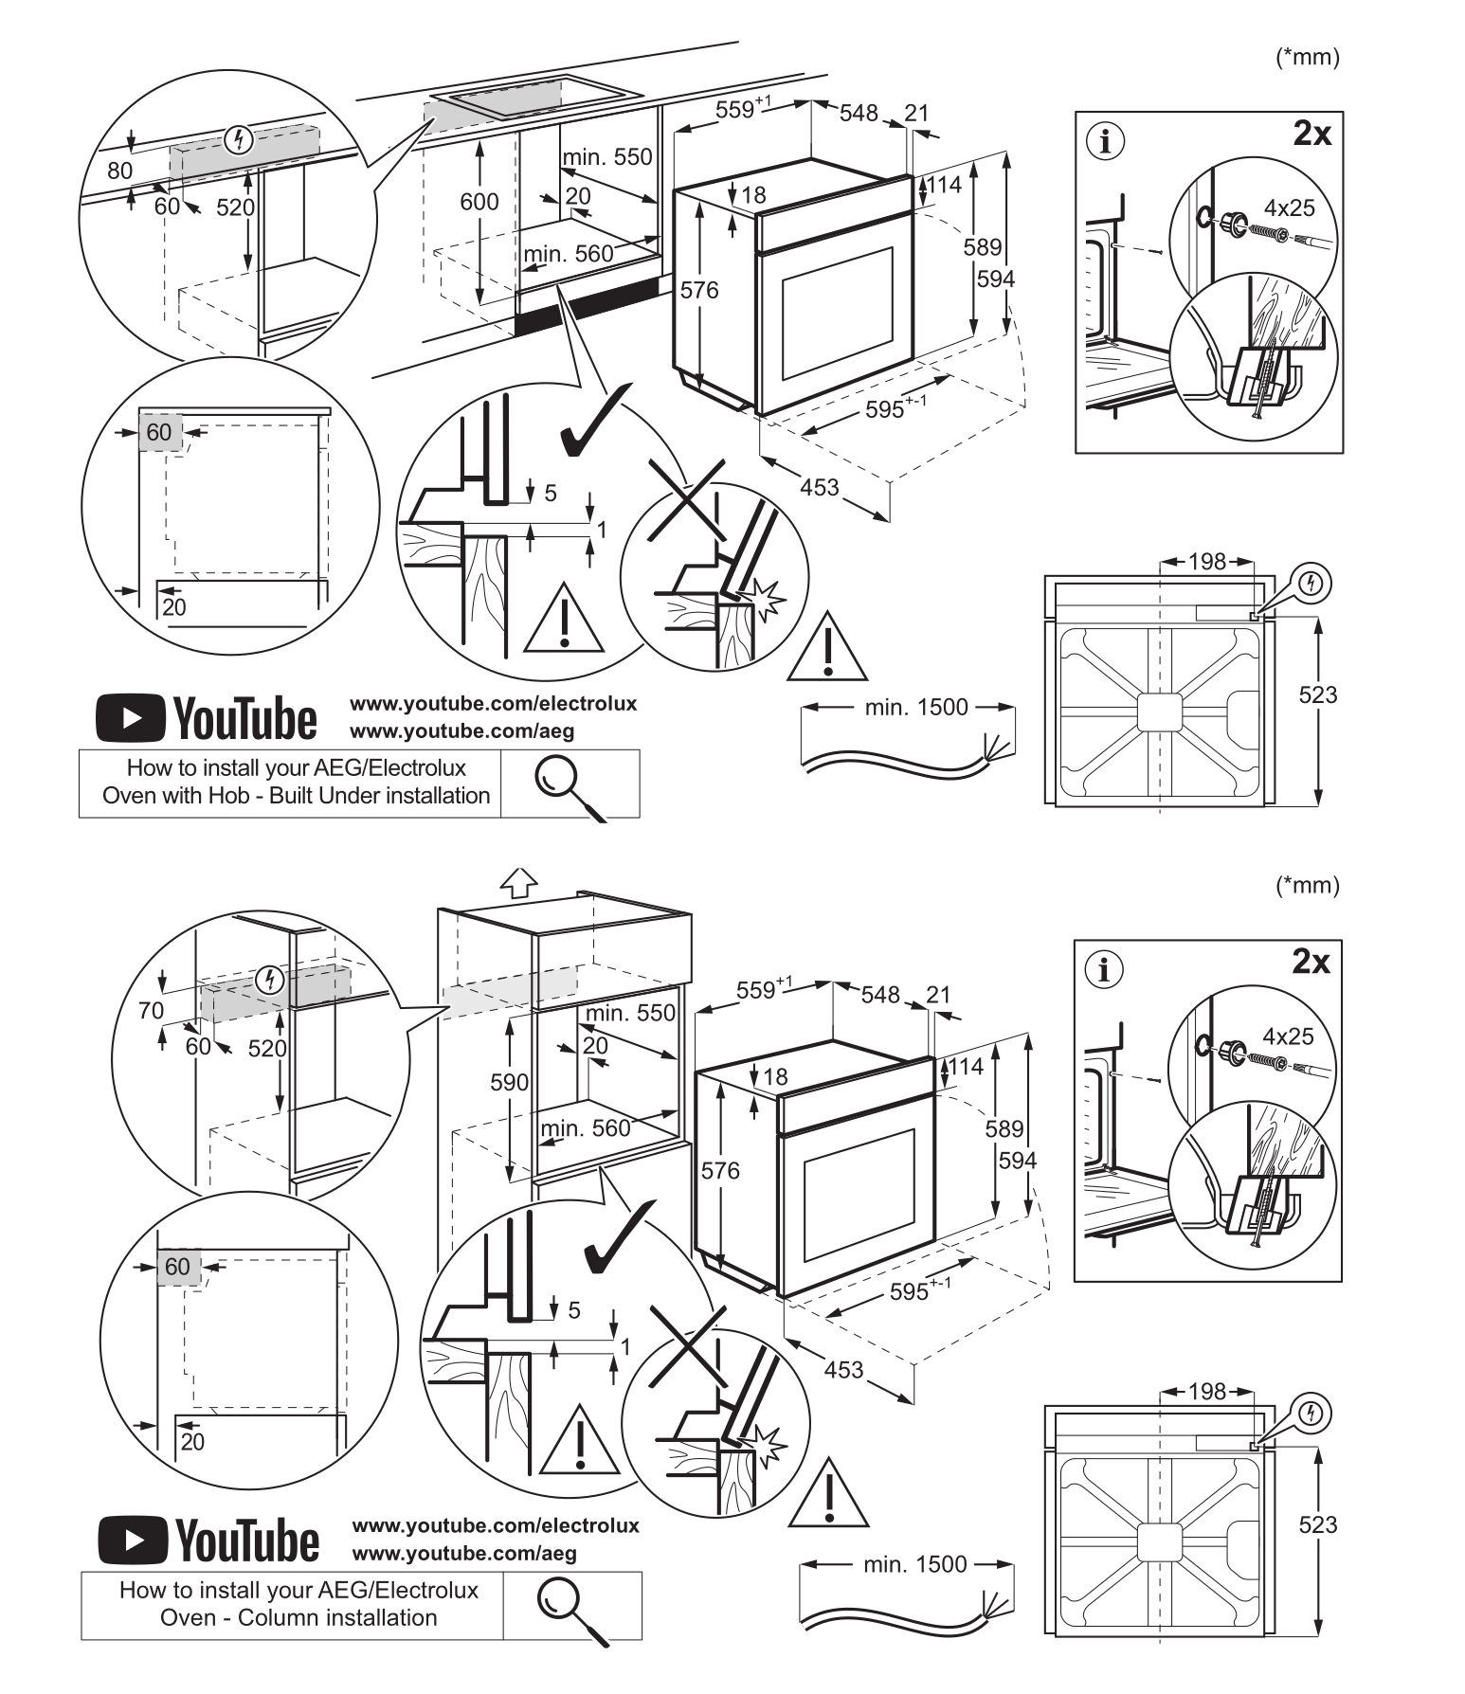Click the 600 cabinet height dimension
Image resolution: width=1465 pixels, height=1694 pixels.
(x=479, y=201)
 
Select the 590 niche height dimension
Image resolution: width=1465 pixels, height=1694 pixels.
(x=509, y=1082)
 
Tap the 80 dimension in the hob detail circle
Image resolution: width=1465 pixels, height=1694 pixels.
(x=120, y=171)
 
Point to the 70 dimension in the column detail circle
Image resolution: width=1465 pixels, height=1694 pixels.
(x=152, y=1011)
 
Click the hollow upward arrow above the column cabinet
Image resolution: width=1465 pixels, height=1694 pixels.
(x=518, y=883)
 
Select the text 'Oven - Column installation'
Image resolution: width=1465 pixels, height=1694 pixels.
(x=298, y=1617)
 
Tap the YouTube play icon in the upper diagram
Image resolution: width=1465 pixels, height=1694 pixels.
(x=130, y=717)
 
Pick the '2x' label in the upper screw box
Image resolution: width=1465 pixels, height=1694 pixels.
(x=1311, y=134)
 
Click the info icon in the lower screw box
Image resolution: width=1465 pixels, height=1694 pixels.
(x=1104, y=970)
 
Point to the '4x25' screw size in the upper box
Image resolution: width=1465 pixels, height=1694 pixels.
(x=1289, y=207)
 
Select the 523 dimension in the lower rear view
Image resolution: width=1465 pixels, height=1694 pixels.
(x=1318, y=1524)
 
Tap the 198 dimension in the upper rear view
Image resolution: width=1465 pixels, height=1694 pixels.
(x=1207, y=562)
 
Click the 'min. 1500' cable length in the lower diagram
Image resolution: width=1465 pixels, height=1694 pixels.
(x=915, y=1564)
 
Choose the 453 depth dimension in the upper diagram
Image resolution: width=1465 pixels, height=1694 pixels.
(x=820, y=487)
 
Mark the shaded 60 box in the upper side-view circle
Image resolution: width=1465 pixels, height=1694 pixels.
(x=159, y=432)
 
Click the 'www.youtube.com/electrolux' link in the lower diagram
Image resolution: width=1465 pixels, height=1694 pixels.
(x=496, y=1525)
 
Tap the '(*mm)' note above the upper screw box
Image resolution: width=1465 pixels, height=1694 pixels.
(x=1308, y=58)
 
